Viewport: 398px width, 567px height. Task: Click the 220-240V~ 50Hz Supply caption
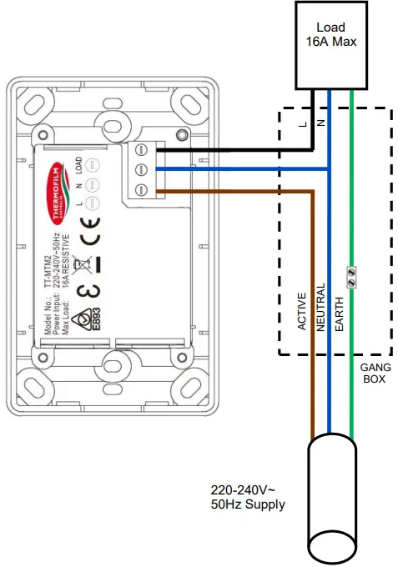pyautogui.click(x=247, y=497)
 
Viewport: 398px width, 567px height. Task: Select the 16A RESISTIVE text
pyautogui.click(x=67, y=283)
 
